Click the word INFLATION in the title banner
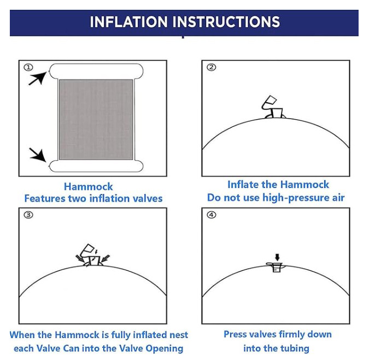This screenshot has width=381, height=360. [129, 22]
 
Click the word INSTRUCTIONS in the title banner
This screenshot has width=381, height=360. [226, 22]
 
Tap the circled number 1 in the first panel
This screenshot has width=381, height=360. [28, 67]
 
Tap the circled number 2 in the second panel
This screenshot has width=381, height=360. [211, 67]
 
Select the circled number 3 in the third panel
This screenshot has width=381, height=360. [28, 215]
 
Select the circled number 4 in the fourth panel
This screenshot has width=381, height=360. [211, 215]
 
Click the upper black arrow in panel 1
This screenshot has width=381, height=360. [38, 78]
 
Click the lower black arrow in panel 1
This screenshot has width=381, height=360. [38, 155]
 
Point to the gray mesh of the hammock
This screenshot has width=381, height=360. [96, 120]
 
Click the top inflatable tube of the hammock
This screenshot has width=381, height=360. [96, 71]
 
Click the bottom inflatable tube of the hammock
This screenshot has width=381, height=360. [96, 166]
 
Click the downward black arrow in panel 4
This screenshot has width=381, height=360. [277, 257]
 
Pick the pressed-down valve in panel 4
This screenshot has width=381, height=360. [276, 267]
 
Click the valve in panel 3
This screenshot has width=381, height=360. [92, 255]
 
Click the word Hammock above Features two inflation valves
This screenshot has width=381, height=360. [88, 187]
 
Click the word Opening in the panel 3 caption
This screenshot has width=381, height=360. [164, 349]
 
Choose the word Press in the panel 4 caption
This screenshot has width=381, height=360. [235, 334]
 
